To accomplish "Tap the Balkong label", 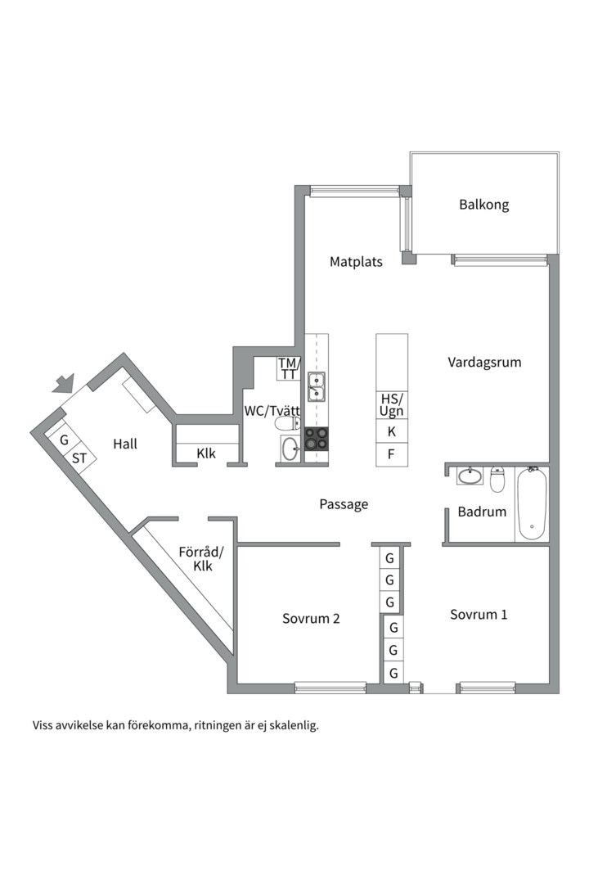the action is (x=483, y=205).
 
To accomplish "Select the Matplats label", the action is (x=356, y=262).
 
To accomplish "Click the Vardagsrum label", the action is (x=484, y=362).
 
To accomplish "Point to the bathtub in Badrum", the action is (x=532, y=503).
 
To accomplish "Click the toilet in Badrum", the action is (x=497, y=479).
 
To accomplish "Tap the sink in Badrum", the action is (x=470, y=476).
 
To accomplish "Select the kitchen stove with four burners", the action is (x=317, y=439).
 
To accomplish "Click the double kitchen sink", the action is (x=317, y=386).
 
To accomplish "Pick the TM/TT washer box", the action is (x=289, y=368).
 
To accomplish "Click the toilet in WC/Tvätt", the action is (x=287, y=423).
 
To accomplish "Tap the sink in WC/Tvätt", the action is (x=291, y=449).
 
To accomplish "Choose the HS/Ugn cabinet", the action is (x=392, y=405).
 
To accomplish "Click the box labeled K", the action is (x=392, y=432).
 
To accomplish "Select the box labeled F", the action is (x=392, y=454).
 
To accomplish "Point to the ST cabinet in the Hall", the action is (x=79, y=458).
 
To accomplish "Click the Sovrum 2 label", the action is (x=311, y=619).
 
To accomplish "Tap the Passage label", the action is (x=344, y=504).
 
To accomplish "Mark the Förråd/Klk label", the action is (x=202, y=559).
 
